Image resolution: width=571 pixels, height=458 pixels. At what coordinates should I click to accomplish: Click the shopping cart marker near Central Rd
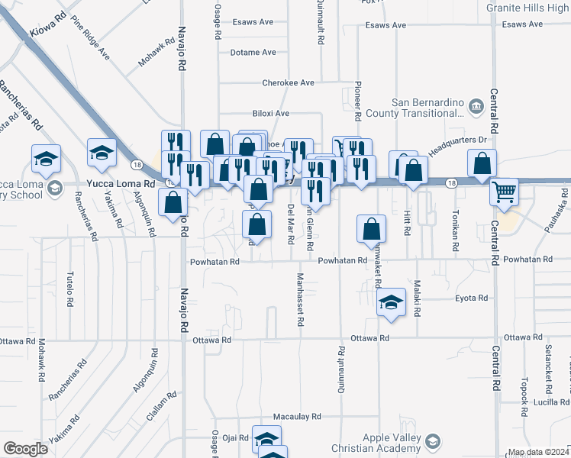[504, 192]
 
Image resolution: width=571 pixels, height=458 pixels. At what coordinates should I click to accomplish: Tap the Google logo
[25, 449]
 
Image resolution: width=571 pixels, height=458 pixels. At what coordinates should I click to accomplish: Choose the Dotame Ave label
[253, 53]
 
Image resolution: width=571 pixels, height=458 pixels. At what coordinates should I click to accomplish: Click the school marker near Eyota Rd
[391, 302]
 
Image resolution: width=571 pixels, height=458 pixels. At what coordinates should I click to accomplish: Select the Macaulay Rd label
[297, 418]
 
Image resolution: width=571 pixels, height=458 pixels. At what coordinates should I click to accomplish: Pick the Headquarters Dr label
[457, 140]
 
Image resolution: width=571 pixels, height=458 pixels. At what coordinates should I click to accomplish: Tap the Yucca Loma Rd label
[121, 184]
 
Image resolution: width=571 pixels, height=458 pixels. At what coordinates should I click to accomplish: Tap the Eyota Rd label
[471, 298]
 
